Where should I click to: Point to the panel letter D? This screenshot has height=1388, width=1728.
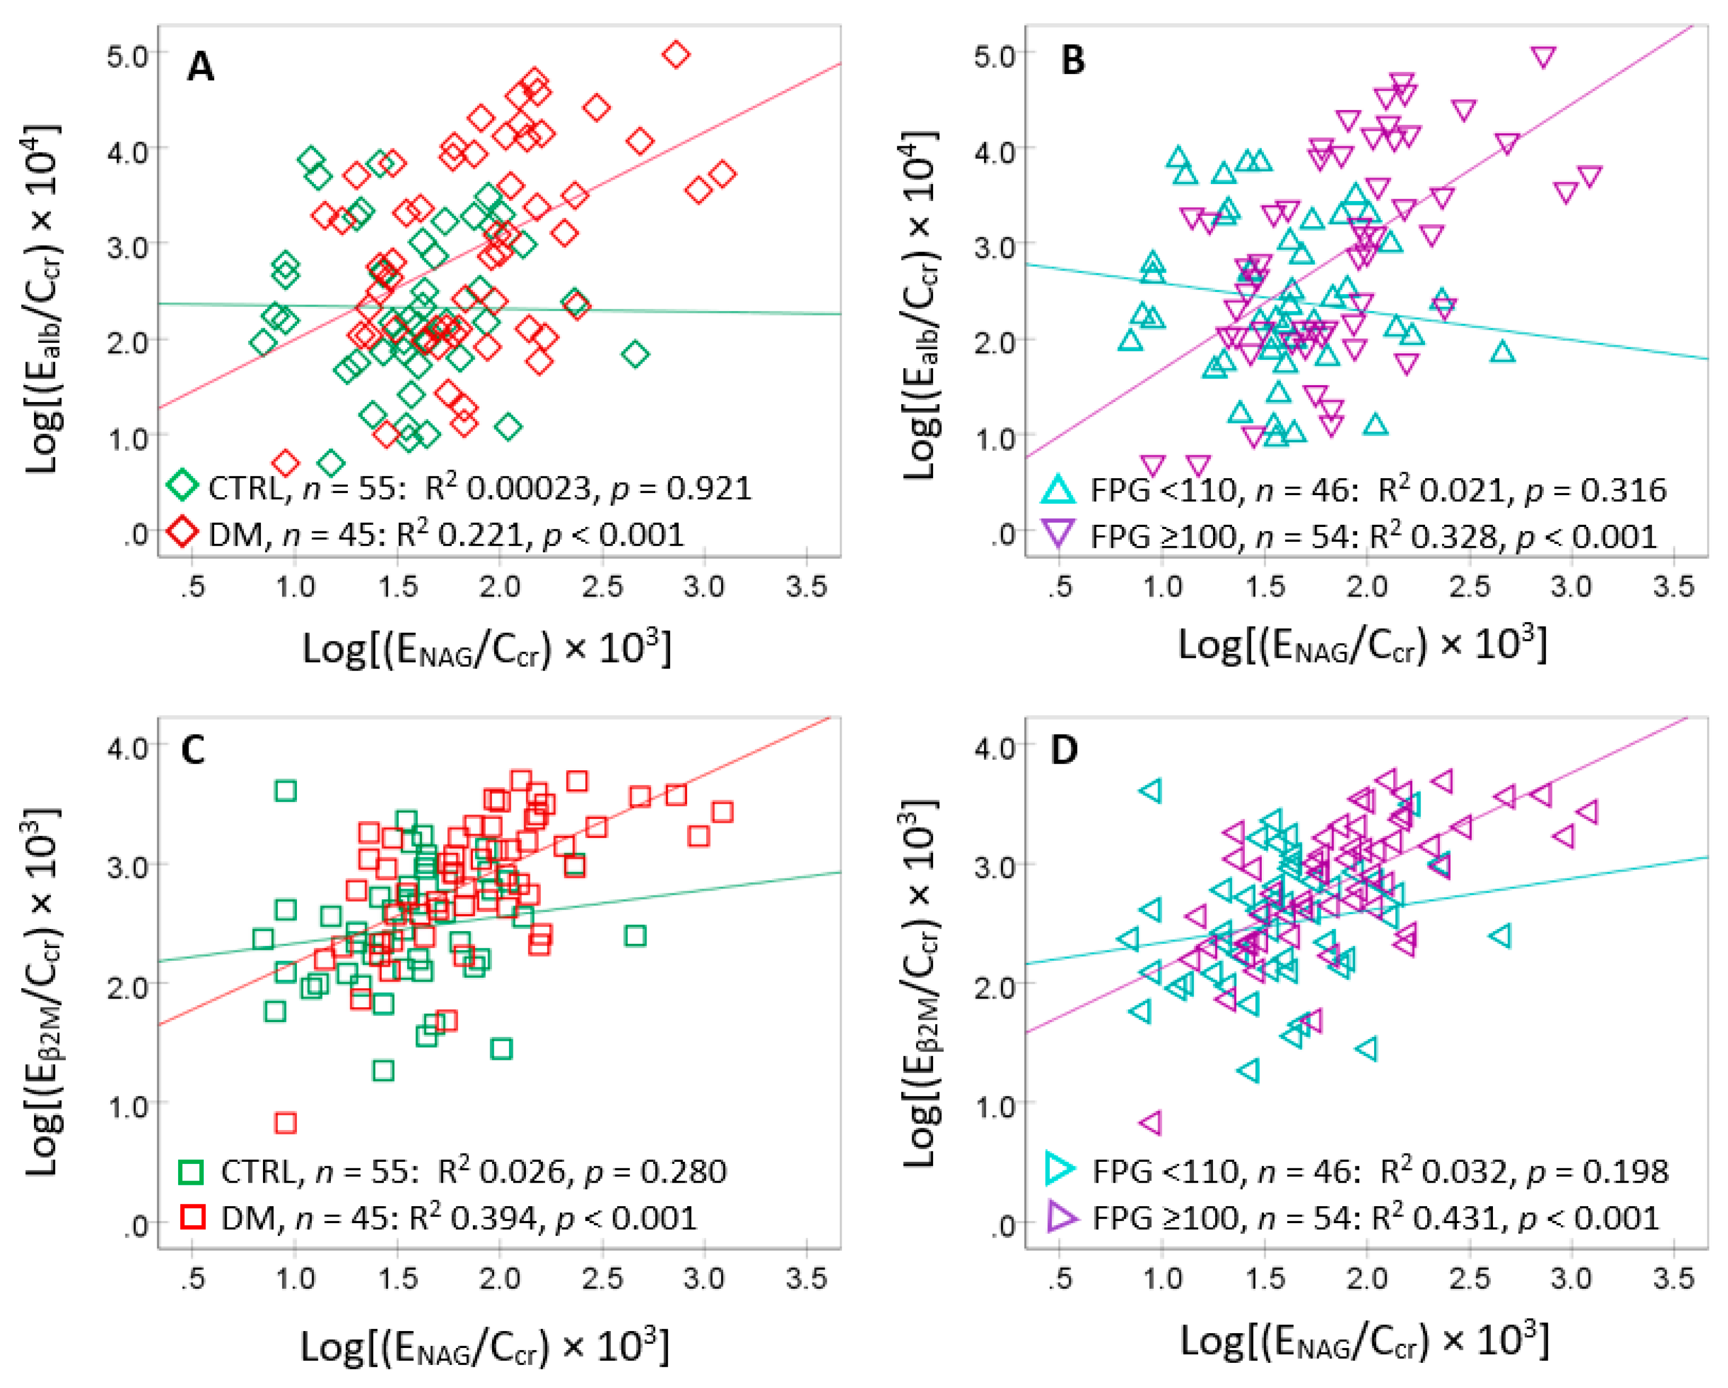click(x=1063, y=750)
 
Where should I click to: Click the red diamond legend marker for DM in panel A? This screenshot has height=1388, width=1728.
click(x=183, y=531)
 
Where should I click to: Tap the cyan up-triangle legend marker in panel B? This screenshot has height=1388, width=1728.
click(x=1058, y=488)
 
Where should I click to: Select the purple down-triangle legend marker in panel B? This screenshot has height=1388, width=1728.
click(x=1058, y=534)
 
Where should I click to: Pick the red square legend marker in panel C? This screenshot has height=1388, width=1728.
click(x=192, y=1217)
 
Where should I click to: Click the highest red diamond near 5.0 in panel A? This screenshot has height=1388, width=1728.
click(x=677, y=54)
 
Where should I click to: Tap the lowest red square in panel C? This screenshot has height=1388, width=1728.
click(x=285, y=1123)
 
